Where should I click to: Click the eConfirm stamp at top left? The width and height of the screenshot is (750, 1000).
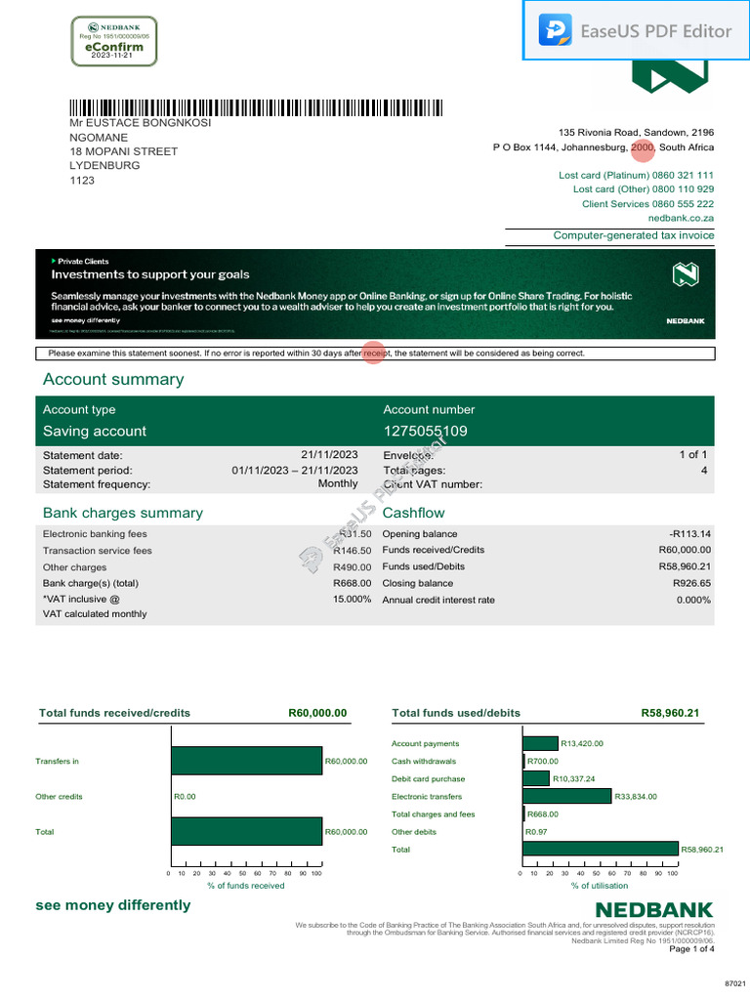[114, 41]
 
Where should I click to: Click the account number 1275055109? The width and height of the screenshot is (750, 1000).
[425, 431]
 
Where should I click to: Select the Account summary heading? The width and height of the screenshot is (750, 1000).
[113, 380]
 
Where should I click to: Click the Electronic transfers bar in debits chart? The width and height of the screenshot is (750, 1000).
[567, 796]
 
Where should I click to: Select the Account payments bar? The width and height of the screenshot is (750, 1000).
[541, 743]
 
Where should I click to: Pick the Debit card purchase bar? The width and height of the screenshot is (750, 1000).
[537, 778]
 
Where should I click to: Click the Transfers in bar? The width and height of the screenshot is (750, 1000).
[246, 761]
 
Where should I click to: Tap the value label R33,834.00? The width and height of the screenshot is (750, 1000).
[637, 797]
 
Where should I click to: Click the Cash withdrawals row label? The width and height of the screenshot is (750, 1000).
[424, 761]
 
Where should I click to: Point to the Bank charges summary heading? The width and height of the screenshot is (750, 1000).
[123, 513]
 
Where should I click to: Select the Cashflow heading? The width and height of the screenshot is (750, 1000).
[414, 513]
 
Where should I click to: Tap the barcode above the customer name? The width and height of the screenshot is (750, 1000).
[254, 107]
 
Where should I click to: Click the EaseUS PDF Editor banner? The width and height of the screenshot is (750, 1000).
[637, 30]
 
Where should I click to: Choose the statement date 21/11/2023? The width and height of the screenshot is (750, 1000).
[329, 454]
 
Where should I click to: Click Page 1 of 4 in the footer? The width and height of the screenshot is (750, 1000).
[691, 948]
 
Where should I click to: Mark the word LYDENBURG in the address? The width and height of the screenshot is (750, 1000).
[104, 166]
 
